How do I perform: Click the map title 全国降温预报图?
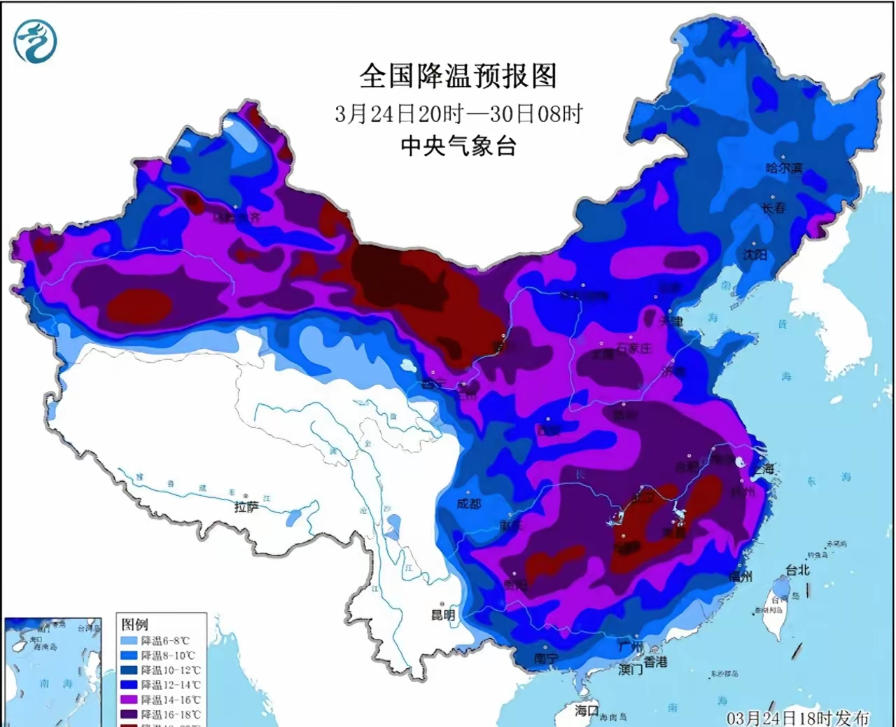point(458,76)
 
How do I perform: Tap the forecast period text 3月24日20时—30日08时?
point(458,113)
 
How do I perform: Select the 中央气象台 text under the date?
point(458,146)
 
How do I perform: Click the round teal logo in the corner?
point(35,41)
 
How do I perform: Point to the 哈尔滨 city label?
point(783,168)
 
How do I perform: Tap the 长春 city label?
point(773,208)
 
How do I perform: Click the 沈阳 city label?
point(755,255)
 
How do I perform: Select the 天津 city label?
point(671,321)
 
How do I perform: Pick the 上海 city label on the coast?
point(764,469)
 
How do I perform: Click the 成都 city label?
point(468,504)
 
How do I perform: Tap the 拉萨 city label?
point(246,507)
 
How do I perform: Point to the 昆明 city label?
point(442,615)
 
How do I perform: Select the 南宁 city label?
point(545,658)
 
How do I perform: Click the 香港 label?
point(656,662)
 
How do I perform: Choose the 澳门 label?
point(630,670)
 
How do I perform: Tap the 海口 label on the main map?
point(587,710)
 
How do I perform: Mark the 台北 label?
point(797,570)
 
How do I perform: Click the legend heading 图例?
point(134,624)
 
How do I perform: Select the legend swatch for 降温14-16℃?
point(130,700)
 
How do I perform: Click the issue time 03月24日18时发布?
point(797,718)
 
